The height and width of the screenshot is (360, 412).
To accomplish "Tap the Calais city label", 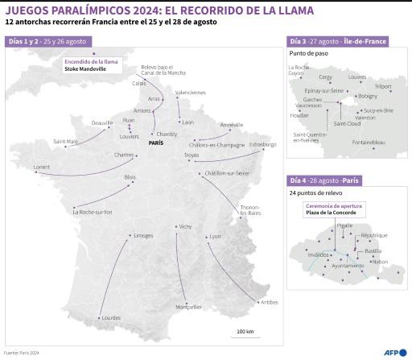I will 139,82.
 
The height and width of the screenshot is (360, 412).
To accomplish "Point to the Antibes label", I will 269,302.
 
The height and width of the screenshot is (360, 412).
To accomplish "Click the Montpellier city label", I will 188,307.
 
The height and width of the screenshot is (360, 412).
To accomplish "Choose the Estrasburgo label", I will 262,144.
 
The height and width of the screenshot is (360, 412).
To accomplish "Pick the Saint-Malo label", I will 66,142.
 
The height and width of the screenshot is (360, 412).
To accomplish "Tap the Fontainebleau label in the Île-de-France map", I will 369,143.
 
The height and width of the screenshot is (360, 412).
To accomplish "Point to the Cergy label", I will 325,77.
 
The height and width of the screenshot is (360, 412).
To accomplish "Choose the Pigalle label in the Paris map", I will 344,226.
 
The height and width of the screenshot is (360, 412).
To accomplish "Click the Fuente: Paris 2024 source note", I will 21,353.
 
